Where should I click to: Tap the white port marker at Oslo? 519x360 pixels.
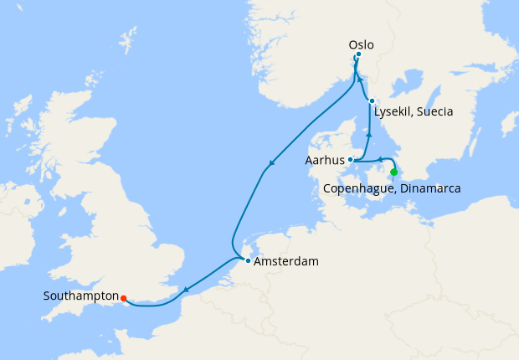[358, 56]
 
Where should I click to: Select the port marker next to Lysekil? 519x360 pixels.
[372, 101]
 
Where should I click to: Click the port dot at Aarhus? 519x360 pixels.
[351, 159]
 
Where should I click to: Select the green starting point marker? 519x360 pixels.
[394, 172]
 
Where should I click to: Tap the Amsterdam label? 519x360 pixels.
[286, 262]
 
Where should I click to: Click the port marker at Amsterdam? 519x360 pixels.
[248, 261]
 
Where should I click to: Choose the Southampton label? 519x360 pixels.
[80, 296]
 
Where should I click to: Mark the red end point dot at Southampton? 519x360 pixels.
[123, 297]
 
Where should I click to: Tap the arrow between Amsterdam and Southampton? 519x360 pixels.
[185, 291]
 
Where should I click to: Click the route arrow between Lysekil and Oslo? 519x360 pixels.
[361, 80]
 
